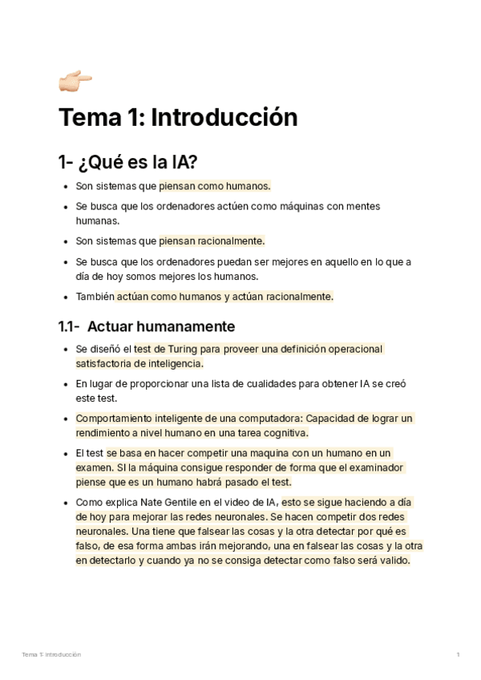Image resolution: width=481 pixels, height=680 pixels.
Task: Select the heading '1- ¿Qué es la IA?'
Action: (x=127, y=162)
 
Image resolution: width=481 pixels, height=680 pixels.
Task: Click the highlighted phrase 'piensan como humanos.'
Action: (x=215, y=186)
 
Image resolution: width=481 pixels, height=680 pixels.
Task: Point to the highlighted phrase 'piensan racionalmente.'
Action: (x=212, y=241)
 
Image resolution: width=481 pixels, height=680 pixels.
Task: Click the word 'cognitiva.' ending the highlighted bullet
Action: (x=281, y=433)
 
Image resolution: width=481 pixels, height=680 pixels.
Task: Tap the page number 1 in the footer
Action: (x=458, y=655)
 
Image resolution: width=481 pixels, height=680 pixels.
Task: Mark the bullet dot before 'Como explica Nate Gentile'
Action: (x=65, y=503)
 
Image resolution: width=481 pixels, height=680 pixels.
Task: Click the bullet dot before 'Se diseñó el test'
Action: (x=65, y=350)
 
